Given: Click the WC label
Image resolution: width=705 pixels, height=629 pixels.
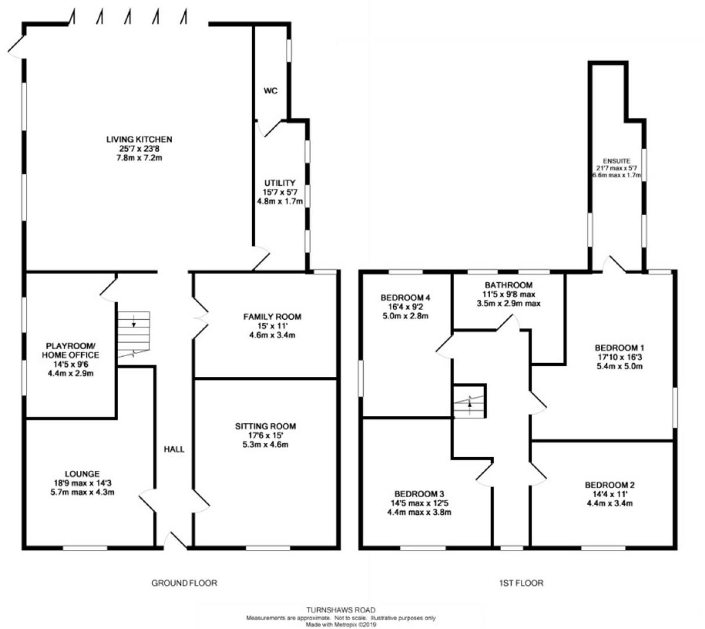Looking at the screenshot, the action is [x=270, y=91].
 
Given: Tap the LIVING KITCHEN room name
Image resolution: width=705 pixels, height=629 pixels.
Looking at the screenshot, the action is [x=139, y=140].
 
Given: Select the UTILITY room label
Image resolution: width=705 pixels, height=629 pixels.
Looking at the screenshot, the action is [x=280, y=183].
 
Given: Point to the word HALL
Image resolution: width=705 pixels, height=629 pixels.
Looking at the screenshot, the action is [x=174, y=449].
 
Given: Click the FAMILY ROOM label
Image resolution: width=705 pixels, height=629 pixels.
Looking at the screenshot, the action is [x=272, y=317].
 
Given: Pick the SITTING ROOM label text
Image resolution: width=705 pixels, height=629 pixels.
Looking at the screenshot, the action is [x=265, y=426].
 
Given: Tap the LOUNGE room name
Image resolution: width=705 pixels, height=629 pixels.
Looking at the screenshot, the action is [x=82, y=474].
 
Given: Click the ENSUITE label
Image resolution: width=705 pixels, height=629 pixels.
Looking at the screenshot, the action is [x=617, y=161].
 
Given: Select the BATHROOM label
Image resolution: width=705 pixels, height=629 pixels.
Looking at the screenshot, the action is [x=508, y=285].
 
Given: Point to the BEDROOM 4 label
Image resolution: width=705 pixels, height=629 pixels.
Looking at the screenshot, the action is [x=405, y=298].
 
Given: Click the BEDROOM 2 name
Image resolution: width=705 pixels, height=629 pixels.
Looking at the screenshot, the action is [x=610, y=485].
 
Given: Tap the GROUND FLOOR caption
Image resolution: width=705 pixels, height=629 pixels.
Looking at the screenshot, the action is [x=184, y=583].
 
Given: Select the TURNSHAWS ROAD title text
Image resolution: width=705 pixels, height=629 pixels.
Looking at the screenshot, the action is [x=341, y=610].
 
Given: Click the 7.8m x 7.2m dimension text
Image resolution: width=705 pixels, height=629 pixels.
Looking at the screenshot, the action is [x=139, y=158].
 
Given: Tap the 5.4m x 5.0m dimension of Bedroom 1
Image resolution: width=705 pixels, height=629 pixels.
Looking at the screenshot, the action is [x=619, y=366].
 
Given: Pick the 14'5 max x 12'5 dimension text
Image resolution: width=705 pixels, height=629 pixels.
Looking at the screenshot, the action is [x=419, y=503].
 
